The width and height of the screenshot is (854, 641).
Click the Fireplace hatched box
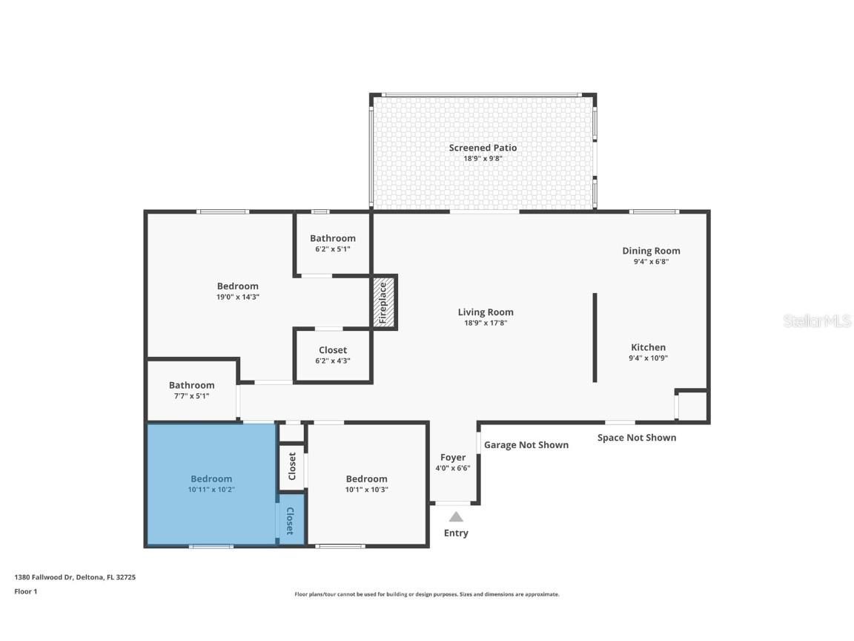[x=384, y=302]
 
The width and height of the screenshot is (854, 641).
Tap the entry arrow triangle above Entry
[x=456, y=517]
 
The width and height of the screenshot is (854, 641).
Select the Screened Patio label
[x=483, y=148]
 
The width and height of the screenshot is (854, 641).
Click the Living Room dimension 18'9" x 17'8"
[x=486, y=323]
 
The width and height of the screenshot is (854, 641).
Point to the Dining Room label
[x=651, y=251]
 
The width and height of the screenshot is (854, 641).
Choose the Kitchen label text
[x=648, y=347]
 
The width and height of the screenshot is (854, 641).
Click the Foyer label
[x=453, y=458]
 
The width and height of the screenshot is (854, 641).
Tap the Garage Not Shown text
[x=526, y=445]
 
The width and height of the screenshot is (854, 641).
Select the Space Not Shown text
[x=637, y=438]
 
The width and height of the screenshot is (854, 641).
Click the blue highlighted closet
[x=290, y=522]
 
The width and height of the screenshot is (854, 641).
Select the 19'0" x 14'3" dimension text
[x=238, y=297]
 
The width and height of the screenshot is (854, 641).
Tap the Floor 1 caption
[x=25, y=591]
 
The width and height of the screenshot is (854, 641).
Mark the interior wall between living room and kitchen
[x=595, y=338]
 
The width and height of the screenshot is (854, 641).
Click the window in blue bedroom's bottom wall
[x=211, y=547]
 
